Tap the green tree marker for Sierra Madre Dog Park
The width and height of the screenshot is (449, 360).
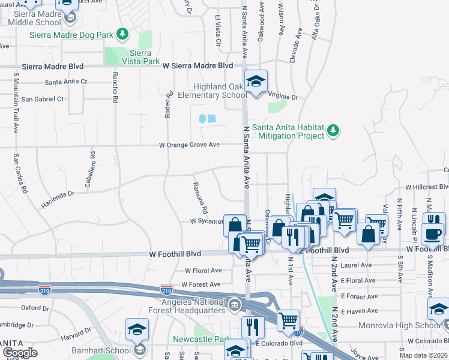pos(123,33)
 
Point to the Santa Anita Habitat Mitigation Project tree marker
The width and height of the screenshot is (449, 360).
pos(334,130)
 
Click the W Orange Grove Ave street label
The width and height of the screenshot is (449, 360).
pos(189,145)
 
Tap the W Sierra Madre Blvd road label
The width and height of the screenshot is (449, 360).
pos(197,65)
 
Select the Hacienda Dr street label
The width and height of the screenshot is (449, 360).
pos(58,197)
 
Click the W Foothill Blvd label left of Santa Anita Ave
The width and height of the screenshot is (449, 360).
pos(175,254)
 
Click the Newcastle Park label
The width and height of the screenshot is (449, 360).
pos(198,339)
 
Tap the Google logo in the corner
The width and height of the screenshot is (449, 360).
pos(20,353)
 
